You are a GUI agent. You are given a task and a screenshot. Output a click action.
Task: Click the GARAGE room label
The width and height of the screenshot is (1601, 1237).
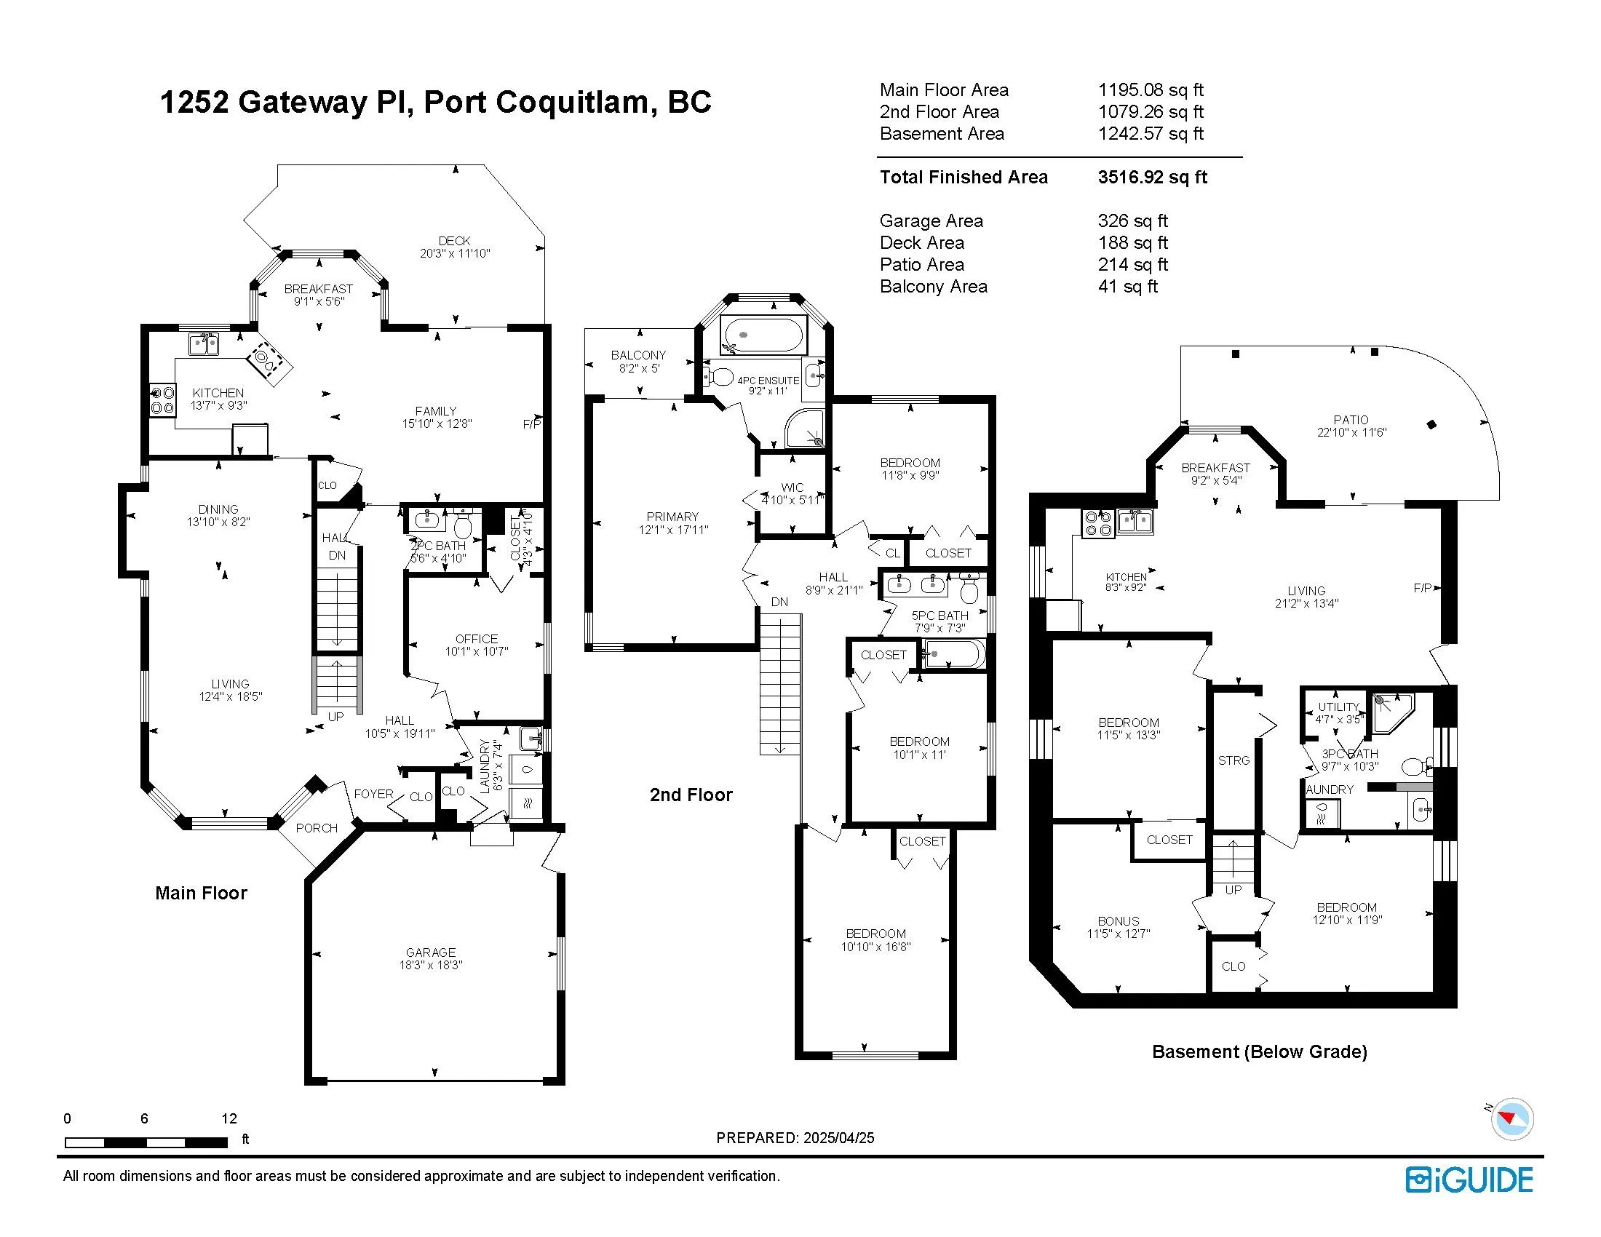pyautogui.click(x=430, y=952)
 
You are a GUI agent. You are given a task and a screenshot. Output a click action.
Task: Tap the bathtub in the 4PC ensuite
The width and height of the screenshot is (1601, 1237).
pyautogui.click(x=763, y=335)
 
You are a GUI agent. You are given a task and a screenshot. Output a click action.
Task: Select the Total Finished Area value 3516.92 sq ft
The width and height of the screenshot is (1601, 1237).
pyautogui.click(x=1152, y=178)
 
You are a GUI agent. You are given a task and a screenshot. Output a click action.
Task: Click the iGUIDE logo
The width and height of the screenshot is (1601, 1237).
pyautogui.click(x=1469, y=1180)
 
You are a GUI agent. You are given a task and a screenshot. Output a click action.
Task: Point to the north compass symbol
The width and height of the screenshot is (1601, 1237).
pyautogui.click(x=1511, y=1119)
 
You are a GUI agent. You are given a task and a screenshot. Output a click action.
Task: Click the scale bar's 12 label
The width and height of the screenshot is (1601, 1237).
pyautogui.click(x=229, y=1118)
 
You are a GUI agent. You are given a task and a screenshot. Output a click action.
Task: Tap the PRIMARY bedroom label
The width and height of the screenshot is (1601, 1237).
pyautogui.click(x=672, y=517)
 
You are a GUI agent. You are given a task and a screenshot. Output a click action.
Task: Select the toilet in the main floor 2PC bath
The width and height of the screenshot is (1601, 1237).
pyautogui.click(x=463, y=525)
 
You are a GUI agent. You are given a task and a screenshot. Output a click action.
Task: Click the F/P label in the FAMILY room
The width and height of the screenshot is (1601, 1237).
pyautogui.click(x=532, y=424)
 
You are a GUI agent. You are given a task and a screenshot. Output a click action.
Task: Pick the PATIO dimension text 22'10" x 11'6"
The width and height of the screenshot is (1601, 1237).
pyautogui.click(x=1351, y=432)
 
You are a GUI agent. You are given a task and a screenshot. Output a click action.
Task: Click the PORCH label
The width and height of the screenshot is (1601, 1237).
pyautogui.click(x=317, y=828)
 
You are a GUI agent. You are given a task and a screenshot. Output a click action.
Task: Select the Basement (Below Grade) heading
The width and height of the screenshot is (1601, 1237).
pyautogui.click(x=1259, y=1051)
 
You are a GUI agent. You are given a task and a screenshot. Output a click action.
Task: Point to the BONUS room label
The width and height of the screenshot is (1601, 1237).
pyautogui.click(x=1118, y=921)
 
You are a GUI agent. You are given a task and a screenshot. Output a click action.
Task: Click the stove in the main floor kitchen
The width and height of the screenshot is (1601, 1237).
pyautogui.click(x=162, y=400)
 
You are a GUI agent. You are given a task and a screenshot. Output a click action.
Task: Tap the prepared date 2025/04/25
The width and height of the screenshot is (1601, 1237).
pyautogui.click(x=838, y=1138)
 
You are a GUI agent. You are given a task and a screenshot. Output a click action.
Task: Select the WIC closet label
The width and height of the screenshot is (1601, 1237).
pyautogui.click(x=792, y=488)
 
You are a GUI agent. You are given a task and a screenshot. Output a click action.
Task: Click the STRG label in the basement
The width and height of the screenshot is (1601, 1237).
pyautogui.click(x=1233, y=760)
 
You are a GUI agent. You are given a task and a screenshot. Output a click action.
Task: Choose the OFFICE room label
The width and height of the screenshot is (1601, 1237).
pyautogui.click(x=476, y=639)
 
